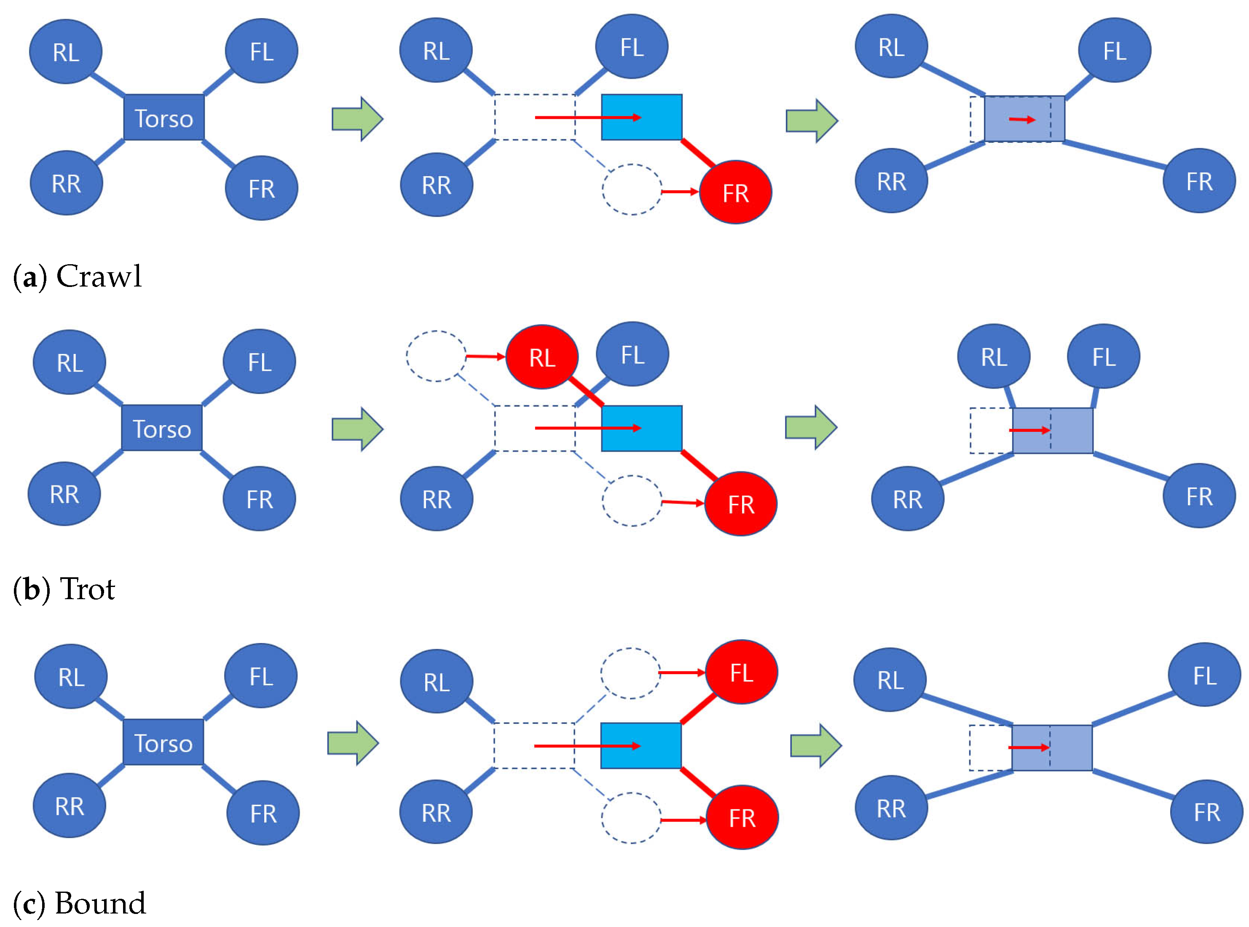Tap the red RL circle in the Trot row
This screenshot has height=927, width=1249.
tap(542, 357)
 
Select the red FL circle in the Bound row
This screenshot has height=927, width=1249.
tap(741, 672)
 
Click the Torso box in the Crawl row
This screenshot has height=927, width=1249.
tap(164, 117)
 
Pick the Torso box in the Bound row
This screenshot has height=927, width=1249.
tap(163, 742)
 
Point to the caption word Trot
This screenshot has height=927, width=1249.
tap(88, 589)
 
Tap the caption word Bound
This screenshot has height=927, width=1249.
tap(100, 903)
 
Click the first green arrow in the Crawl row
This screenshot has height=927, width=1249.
tap(357, 119)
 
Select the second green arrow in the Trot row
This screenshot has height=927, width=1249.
tap(811, 428)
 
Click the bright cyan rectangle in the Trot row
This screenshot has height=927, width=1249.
tap(641, 428)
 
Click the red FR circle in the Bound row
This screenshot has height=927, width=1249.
tap(742, 817)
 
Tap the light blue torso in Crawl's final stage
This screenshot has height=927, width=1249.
tap(1024, 119)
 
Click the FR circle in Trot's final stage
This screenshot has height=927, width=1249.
tap(1198, 496)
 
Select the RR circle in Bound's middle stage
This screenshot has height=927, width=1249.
tap(436, 812)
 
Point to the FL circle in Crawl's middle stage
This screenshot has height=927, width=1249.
tap(631, 47)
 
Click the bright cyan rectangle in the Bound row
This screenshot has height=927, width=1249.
tap(641, 746)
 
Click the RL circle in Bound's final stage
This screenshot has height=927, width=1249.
tap(890, 680)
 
